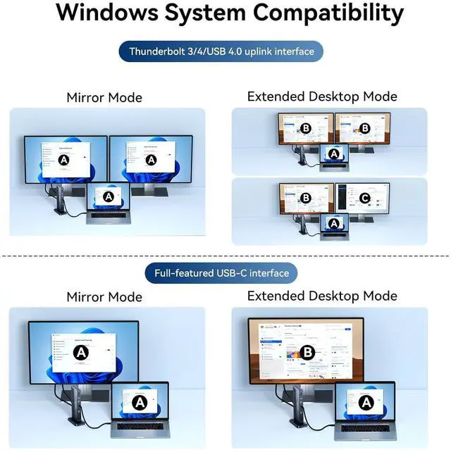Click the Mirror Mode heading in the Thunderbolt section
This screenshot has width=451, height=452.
coord(104,98)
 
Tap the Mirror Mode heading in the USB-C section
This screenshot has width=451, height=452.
coord(104,297)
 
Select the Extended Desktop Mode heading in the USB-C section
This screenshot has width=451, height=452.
coord(322,296)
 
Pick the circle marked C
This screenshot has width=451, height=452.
coord(364,198)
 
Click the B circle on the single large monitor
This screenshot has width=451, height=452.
coord(307,353)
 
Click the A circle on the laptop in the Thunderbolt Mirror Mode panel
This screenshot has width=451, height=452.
coord(109,199)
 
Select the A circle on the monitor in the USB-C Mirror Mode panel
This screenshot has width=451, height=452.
coord(82,352)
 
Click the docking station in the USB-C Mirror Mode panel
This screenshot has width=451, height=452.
coord(80,408)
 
